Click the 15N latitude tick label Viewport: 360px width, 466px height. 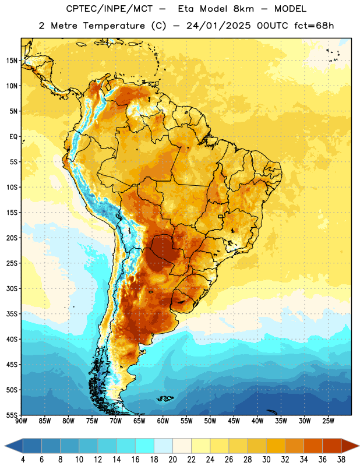(12, 61)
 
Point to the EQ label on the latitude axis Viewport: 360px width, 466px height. (13, 137)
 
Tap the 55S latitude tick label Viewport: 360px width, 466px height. (12, 415)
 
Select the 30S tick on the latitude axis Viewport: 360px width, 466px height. (12, 288)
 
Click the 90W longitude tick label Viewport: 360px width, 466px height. (21, 421)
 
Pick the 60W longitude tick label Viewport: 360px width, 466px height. (163, 421)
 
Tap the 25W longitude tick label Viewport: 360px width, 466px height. (328, 421)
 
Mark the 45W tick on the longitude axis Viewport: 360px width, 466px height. (234, 421)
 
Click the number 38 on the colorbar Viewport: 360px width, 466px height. (341, 460)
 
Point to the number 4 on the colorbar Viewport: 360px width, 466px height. (23, 460)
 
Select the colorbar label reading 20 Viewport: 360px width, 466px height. (172, 460)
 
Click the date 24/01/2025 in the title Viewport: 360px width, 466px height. (218, 26)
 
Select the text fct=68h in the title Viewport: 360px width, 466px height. (314, 26)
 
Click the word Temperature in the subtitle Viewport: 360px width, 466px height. (114, 26)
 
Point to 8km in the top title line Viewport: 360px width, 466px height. (243, 9)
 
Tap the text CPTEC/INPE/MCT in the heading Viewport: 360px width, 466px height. (110, 9)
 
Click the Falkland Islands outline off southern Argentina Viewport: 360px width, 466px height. (165, 398)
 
